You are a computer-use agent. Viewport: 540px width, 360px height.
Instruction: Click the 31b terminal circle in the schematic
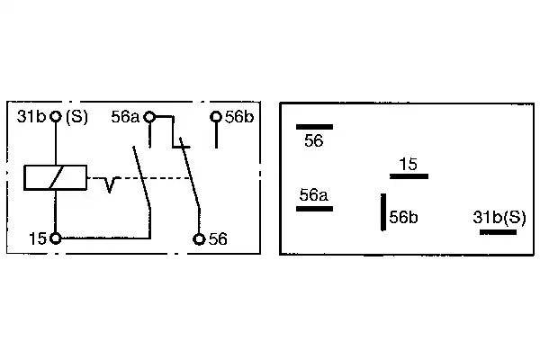(x=56, y=116)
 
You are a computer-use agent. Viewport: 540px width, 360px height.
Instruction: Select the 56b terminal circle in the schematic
(x=216, y=117)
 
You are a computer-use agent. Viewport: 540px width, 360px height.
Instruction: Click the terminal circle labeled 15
(x=56, y=238)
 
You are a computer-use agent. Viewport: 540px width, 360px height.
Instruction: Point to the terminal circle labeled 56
(x=199, y=238)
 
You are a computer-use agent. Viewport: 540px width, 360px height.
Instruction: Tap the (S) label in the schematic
(x=76, y=117)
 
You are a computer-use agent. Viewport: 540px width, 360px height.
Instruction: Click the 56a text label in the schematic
(x=125, y=117)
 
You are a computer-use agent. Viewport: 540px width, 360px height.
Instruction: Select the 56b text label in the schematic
(x=239, y=117)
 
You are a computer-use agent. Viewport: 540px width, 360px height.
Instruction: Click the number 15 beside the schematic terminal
(x=38, y=238)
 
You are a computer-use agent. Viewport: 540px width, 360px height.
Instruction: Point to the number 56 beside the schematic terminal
(x=218, y=239)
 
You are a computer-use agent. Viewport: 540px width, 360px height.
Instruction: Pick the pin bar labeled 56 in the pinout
(x=314, y=127)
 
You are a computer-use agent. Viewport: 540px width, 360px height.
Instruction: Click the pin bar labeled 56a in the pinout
(x=314, y=209)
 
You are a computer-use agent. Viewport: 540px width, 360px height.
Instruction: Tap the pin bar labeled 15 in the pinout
(x=409, y=176)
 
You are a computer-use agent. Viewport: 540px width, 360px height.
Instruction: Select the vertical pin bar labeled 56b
(x=383, y=211)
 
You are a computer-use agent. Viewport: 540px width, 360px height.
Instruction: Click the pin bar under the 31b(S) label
(x=498, y=232)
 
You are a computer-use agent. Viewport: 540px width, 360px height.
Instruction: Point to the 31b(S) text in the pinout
(x=499, y=218)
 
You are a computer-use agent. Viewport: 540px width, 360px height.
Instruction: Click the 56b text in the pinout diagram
(x=403, y=217)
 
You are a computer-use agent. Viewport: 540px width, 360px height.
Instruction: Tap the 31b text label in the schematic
(x=31, y=117)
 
